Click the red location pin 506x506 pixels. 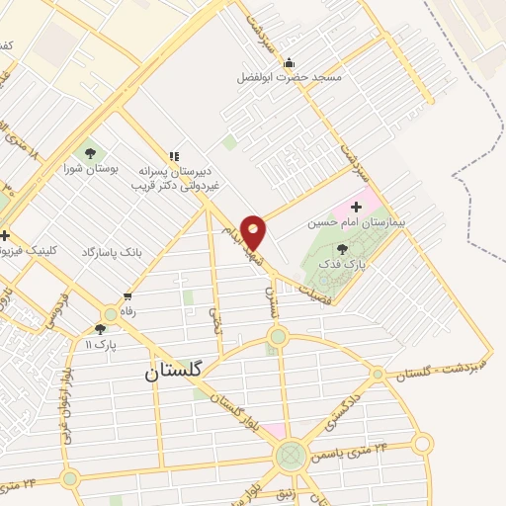point(254,231)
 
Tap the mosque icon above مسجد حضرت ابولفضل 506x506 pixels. point(289,63)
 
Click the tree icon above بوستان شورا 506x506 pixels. point(91,153)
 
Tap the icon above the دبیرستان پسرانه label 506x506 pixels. point(174,156)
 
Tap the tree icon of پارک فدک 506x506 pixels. point(342,249)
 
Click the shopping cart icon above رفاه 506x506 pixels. point(126,296)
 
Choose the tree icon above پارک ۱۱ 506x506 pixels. point(100,329)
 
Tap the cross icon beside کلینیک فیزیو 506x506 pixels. point(5,236)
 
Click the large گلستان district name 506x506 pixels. point(172,372)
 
